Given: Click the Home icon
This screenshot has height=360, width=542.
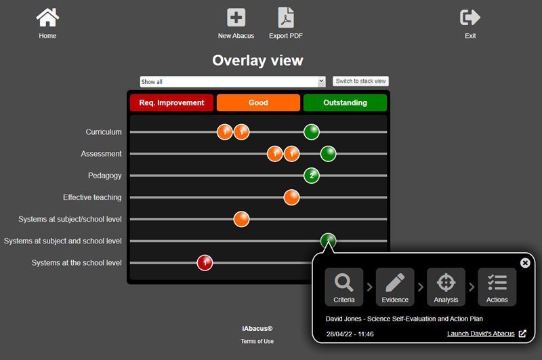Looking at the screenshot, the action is [47, 18].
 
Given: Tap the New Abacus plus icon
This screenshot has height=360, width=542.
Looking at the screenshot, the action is [236, 18].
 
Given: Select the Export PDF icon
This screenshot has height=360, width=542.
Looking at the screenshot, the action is [286, 18].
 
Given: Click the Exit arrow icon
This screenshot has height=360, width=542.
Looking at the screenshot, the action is [470, 18].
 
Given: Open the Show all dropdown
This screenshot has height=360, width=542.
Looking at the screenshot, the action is [232, 81].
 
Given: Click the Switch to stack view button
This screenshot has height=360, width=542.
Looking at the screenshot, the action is [360, 81].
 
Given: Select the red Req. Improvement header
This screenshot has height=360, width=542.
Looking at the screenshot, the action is [172, 102].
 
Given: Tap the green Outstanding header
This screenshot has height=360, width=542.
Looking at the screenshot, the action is [345, 102].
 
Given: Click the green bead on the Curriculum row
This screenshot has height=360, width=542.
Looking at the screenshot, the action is [312, 132].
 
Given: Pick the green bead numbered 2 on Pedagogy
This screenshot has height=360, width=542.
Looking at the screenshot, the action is [312, 176].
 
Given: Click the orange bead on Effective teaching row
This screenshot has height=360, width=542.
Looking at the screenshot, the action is [291, 197].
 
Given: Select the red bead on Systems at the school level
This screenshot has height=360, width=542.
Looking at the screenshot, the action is [205, 263].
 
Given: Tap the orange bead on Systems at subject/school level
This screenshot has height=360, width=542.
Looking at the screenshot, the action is [241, 219].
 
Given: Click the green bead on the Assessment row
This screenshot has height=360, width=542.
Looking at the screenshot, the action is [328, 154].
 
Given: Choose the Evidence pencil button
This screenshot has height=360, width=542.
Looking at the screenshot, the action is [395, 287].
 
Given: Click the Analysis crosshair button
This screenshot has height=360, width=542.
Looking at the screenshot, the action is [446, 287].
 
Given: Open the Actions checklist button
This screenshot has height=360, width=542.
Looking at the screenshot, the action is [497, 287].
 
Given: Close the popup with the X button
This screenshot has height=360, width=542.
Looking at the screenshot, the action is [525, 263].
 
